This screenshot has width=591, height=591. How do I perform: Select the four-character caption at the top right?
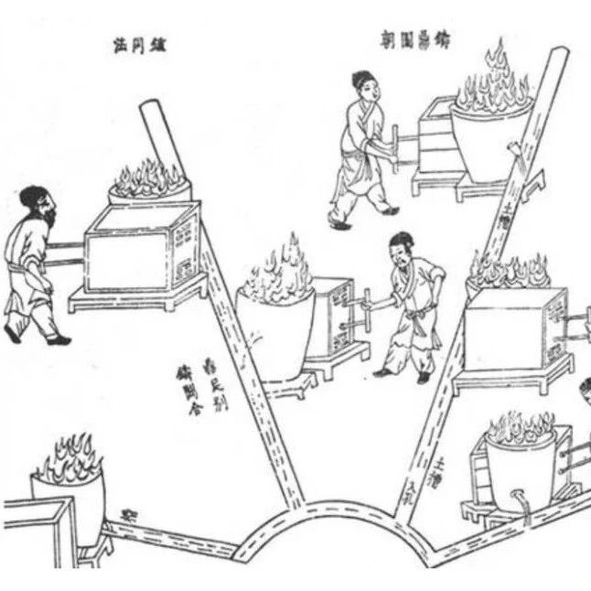(x=416, y=39)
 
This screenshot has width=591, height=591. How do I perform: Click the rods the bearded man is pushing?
(x=64, y=253)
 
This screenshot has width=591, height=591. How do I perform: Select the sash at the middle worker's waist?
(x=418, y=319)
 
